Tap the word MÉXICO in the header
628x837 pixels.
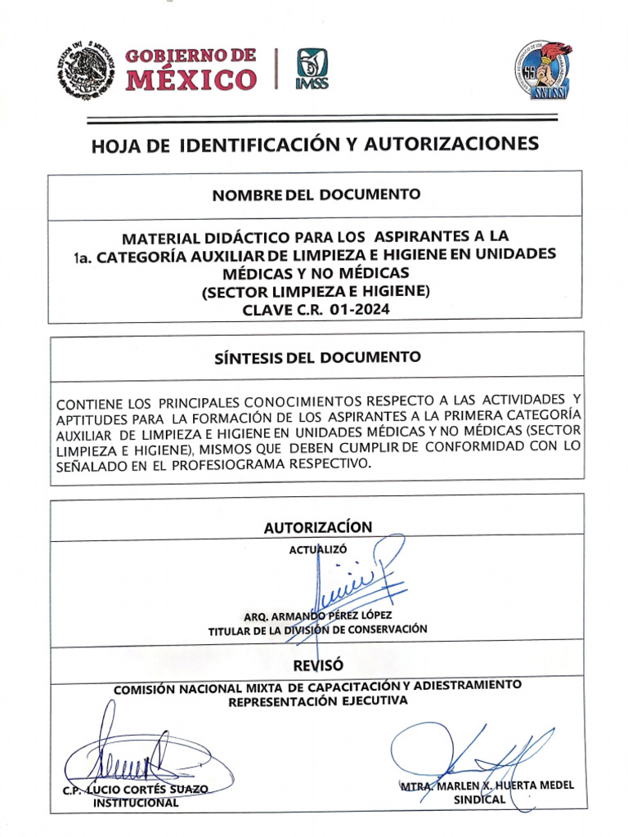pyautogui.click(x=191, y=80)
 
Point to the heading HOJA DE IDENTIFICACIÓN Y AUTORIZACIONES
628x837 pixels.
pyautogui.click(x=315, y=145)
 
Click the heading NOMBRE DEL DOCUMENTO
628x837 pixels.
pyautogui.click(x=316, y=195)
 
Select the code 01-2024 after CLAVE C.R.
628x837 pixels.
pyautogui.click(x=357, y=310)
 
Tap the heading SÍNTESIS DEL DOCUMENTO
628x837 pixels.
pyautogui.click(x=316, y=357)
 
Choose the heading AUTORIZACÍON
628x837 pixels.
pyautogui.click(x=317, y=527)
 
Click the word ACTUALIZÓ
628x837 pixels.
pyautogui.click(x=318, y=549)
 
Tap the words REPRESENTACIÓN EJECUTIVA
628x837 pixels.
pyautogui.click(x=316, y=700)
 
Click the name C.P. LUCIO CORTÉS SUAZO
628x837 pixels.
pyautogui.click(x=136, y=789)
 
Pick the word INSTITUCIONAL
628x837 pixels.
pyautogui.click(x=136, y=803)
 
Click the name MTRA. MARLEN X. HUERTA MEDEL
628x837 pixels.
pyautogui.click(x=487, y=786)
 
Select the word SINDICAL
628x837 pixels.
pyautogui.click(x=480, y=800)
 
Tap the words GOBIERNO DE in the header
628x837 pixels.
pyautogui.click(x=190, y=56)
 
